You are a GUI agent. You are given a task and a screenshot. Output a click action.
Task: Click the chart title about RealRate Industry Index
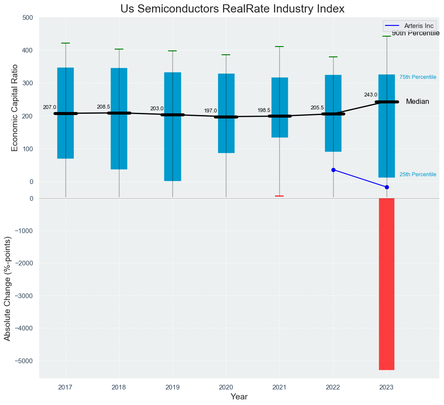[232, 9]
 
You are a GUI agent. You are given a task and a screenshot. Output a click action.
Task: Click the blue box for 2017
[66, 113]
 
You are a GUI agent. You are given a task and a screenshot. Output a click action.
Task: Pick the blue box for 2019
[172, 126]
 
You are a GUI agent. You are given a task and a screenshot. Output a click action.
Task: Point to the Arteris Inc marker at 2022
[333, 170]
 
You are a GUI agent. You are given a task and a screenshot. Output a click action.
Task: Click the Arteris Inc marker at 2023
[387, 187]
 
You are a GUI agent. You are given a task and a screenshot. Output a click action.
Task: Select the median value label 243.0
[371, 95]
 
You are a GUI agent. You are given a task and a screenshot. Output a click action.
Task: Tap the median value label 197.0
[210, 111]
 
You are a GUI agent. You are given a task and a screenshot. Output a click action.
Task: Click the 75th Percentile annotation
[418, 77]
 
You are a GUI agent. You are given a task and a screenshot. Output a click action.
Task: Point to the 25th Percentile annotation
[418, 174]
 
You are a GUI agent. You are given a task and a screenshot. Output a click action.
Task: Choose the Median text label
[417, 102]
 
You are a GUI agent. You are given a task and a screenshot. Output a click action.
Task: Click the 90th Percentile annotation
[416, 34]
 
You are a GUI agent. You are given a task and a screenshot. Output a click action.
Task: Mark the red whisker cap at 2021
[279, 196]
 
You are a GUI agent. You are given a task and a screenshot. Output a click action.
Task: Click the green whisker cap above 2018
[119, 49]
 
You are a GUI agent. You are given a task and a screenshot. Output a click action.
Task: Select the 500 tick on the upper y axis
[28, 18]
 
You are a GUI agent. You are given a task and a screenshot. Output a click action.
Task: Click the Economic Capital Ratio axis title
[15, 108]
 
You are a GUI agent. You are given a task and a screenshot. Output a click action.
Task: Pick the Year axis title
[239, 397]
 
